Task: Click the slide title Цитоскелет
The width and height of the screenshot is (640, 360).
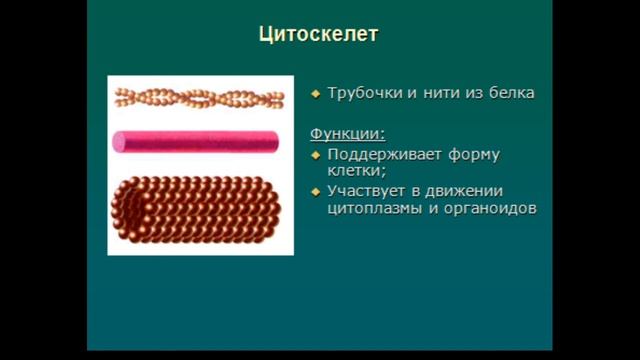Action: pos(318,35)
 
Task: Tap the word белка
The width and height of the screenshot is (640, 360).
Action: pos(512,92)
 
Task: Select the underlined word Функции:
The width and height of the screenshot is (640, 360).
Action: pos(347,133)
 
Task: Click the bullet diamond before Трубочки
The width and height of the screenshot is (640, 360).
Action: pos(315,93)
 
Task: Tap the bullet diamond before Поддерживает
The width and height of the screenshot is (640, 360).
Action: pos(315,155)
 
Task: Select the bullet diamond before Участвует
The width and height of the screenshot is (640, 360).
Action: pos(315,192)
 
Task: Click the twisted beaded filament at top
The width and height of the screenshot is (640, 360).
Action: pos(199,97)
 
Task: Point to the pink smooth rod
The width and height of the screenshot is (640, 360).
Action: pos(200,142)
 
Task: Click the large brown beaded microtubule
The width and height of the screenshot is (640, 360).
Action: pos(200,207)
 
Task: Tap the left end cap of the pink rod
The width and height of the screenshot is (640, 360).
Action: pos(119,142)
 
